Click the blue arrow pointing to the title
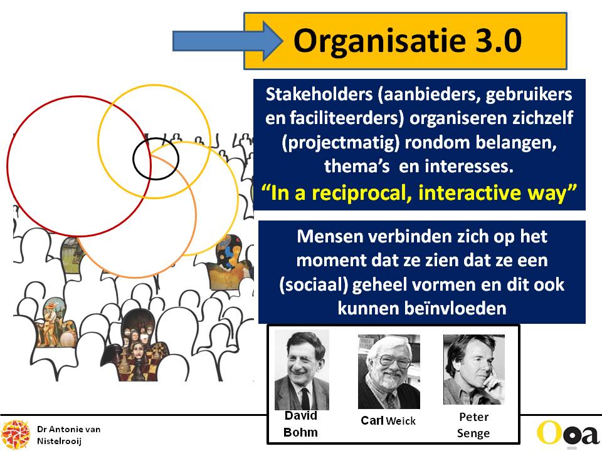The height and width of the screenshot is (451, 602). (x=226, y=41)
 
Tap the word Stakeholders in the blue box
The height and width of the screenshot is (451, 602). (x=319, y=95)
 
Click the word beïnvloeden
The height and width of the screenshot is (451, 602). (x=422, y=308)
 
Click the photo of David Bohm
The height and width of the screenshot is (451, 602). (x=302, y=370)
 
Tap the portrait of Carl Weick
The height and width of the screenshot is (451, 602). (x=389, y=371)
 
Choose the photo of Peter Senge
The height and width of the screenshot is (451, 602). (x=474, y=370)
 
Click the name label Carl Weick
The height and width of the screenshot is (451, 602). (x=388, y=421)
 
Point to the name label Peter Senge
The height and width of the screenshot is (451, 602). (x=473, y=425)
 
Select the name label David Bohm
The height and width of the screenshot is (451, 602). (x=300, y=424)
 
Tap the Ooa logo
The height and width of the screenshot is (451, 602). (x=568, y=433)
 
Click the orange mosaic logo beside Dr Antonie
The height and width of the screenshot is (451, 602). (x=15, y=435)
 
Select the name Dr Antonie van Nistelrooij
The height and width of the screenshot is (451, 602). (x=68, y=435)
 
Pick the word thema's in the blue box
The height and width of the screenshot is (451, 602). (x=357, y=167)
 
